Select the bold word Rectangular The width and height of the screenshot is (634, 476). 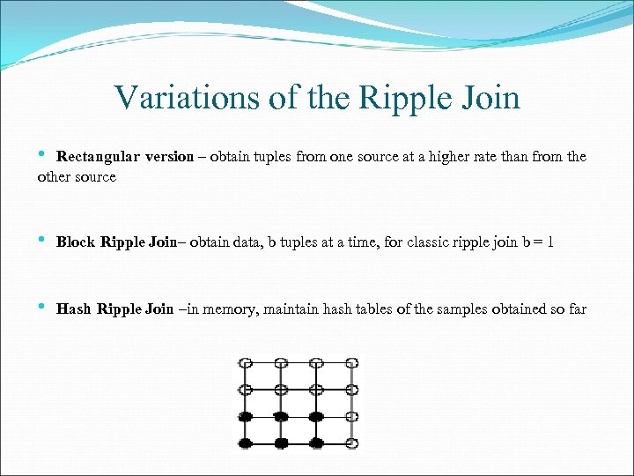pyautogui.click(x=98, y=157)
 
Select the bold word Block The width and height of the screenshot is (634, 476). pyautogui.click(x=77, y=242)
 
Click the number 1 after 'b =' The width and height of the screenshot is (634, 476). pyautogui.click(x=550, y=242)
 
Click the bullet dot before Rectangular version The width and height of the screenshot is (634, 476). pyautogui.click(x=42, y=156)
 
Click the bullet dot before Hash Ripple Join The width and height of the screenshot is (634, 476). pyautogui.click(x=42, y=308)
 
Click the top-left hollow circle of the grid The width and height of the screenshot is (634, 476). pyautogui.click(x=247, y=362)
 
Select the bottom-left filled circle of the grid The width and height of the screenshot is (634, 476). pyautogui.click(x=247, y=442)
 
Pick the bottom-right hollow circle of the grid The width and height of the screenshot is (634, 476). pyautogui.click(x=351, y=442)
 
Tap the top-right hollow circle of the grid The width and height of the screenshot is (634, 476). pyautogui.click(x=351, y=362)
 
